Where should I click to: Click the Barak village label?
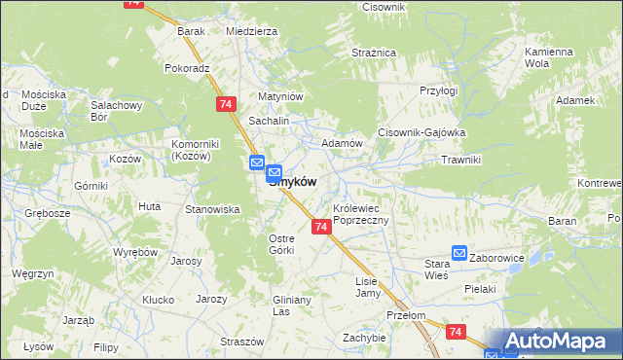point(191,31)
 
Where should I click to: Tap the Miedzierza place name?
point(251,31)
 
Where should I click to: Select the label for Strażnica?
point(373,52)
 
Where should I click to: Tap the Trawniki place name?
point(460,160)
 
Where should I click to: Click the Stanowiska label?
point(212,208)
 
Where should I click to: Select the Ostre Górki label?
point(281,244)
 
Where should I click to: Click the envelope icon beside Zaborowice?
point(458,254)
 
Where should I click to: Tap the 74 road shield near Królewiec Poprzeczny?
point(321,226)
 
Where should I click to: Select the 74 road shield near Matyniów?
point(226,103)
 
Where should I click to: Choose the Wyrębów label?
point(135,252)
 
